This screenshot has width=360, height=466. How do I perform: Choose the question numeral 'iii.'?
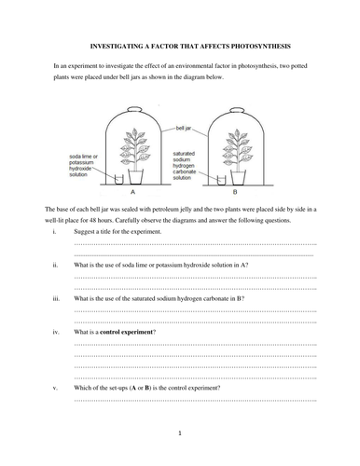tap(57, 298)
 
